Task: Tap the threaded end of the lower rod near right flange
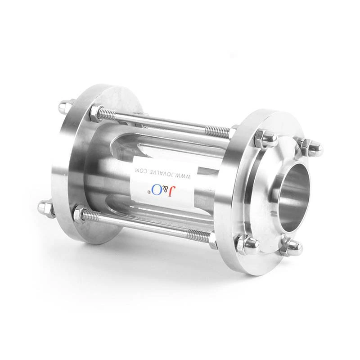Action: pyautogui.click(x=198, y=234)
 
